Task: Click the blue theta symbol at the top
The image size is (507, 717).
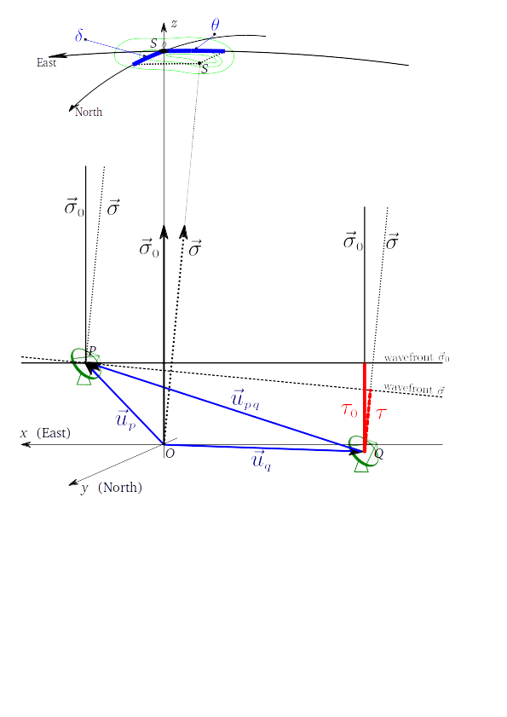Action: pyautogui.click(x=215, y=25)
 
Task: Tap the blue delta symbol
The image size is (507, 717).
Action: pyautogui.click(x=79, y=36)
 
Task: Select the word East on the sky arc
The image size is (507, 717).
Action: pyautogui.click(x=47, y=62)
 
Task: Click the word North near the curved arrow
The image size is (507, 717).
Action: pyautogui.click(x=89, y=112)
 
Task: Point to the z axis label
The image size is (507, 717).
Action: pyautogui.click(x=174, y=24)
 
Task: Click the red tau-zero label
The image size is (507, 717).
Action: pyautogui.click(x=349, y=410)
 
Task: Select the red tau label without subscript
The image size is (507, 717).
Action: pyautogui.click(x=381, y=413)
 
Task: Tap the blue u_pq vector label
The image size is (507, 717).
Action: pyautogui.click(x=245, y=399)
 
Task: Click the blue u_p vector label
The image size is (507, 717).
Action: pyautogui.click(x=126, y=419)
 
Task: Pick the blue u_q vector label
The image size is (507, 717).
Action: pyautogui.click(x=262, y=460)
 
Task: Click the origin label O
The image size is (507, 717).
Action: pyautogui.click(x=170, y=454)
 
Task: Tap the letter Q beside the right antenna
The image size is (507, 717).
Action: pyautogui.click(x=379, y=454)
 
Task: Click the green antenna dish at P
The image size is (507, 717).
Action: pyautogui.click(x=85, y=364)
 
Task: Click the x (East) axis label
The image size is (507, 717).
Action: pyautogui.click(x=46, y=433)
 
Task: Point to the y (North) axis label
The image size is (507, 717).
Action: pyautogui.click(x=112, y=488)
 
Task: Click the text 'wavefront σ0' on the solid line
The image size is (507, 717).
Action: pyautogui.click(x=417, y=357)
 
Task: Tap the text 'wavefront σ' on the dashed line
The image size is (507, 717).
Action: pyautogui.click(x=414, y=389)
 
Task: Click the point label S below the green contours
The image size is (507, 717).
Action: pyautogui.click(x=205, y=69)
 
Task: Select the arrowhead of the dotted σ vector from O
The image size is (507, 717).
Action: pyautogui.click(x=184, y=231)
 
